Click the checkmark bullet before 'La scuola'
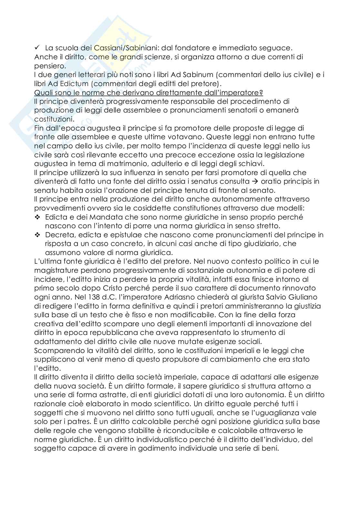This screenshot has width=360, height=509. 37,48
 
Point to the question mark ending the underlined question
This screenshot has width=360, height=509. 261,93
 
